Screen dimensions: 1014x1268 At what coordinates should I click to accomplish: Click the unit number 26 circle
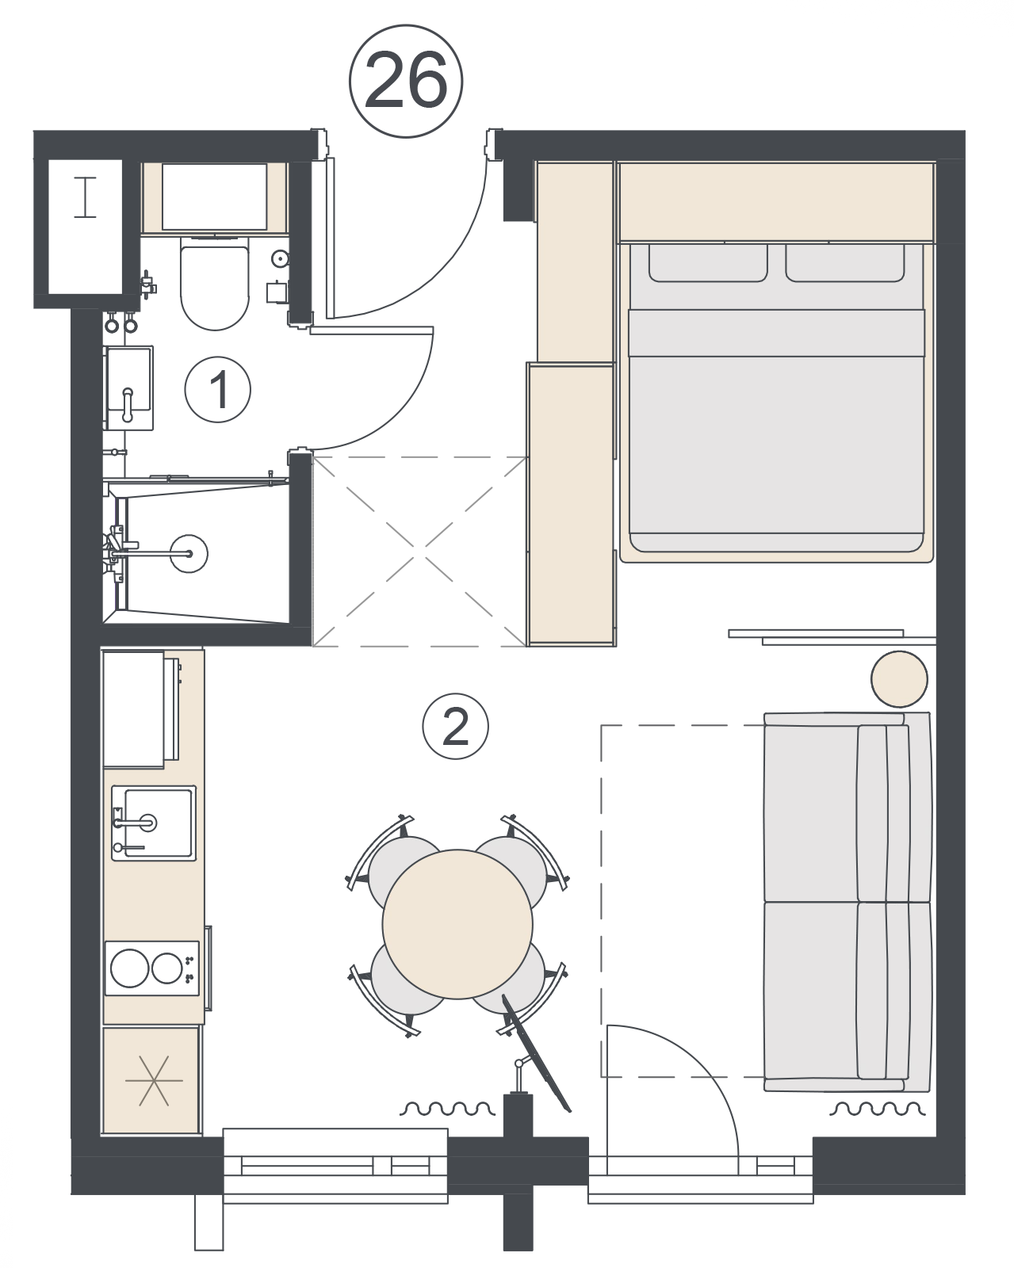406,82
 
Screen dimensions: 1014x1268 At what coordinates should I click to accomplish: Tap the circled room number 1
217,389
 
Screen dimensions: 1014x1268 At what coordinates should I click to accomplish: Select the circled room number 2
455,727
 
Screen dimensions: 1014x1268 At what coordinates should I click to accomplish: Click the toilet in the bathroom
215,283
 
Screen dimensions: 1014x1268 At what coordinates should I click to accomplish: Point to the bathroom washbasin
128,388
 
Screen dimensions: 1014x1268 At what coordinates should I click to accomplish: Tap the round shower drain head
189,553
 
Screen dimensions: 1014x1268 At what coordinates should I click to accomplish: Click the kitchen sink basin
155,823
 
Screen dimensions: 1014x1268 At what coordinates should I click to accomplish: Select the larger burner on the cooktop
130,968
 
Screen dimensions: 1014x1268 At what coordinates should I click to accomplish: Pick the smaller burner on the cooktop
166,968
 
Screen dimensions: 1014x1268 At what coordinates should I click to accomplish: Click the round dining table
457,923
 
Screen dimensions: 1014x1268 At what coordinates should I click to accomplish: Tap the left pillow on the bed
708,263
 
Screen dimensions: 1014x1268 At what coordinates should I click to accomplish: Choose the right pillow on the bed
845,263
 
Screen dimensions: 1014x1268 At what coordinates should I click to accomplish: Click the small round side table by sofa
899,679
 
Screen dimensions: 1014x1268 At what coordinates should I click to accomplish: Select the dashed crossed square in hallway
419,552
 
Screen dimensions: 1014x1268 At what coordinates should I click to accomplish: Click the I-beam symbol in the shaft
85,197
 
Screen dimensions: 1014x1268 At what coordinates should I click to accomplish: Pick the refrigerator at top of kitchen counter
141,709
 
